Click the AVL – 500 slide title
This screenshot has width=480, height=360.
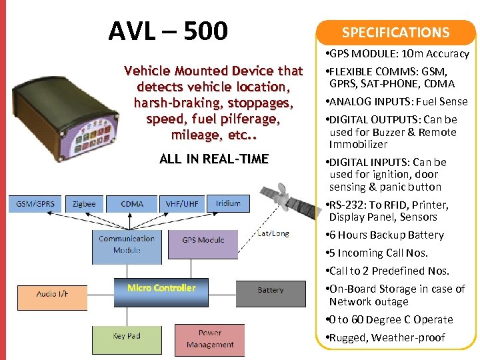pos(167,31)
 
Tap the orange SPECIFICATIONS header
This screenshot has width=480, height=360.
pos(395,32)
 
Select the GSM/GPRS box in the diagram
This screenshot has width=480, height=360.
pos(35,203)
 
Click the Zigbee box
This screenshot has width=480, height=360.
pos(84,203)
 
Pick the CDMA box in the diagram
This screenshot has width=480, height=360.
pos(131,203)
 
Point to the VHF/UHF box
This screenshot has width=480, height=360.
pos(181,203)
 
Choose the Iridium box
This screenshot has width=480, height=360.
pos(227,203)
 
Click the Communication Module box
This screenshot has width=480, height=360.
pos(127,244)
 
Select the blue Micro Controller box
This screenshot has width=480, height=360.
pos(161,288)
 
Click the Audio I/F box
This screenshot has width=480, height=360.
pos(52,293)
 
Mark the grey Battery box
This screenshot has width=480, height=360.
pos(270,290)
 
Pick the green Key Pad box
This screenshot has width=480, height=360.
pos(126,339)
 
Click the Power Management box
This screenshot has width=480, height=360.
pos(209,339)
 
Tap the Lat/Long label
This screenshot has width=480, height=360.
pos(273,233)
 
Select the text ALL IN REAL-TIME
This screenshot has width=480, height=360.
pos(214,159)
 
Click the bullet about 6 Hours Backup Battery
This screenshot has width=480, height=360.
pos(386,235)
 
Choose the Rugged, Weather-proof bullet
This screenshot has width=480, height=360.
pos(386,337)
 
